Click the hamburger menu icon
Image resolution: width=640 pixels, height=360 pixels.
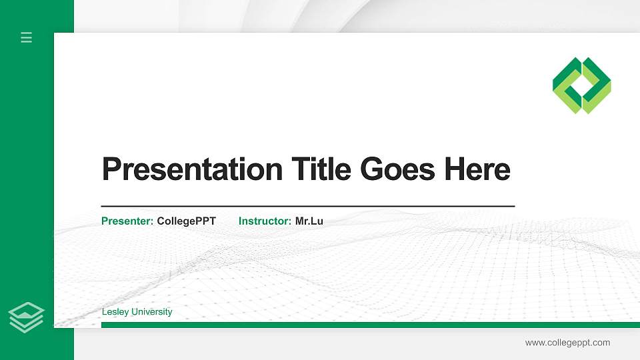(26, 37)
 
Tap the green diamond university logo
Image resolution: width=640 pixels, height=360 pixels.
(582, 85)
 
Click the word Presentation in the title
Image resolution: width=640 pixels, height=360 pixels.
(193, 169)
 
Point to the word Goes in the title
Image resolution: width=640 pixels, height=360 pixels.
(399, 169)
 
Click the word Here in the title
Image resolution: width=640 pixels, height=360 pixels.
(477, 169)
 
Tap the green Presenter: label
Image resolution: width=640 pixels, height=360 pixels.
(127, 221)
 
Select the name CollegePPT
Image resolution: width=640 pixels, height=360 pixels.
(187, 221)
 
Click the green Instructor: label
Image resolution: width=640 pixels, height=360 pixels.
(265, 221)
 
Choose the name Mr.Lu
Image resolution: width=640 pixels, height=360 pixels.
(309, 221)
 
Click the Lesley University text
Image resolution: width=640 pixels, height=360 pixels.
(137, 312)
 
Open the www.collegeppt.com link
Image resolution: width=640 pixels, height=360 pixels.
(567, 343)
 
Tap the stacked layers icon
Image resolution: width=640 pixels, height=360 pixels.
(26, 317)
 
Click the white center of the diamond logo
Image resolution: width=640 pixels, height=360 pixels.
(582, 85)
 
